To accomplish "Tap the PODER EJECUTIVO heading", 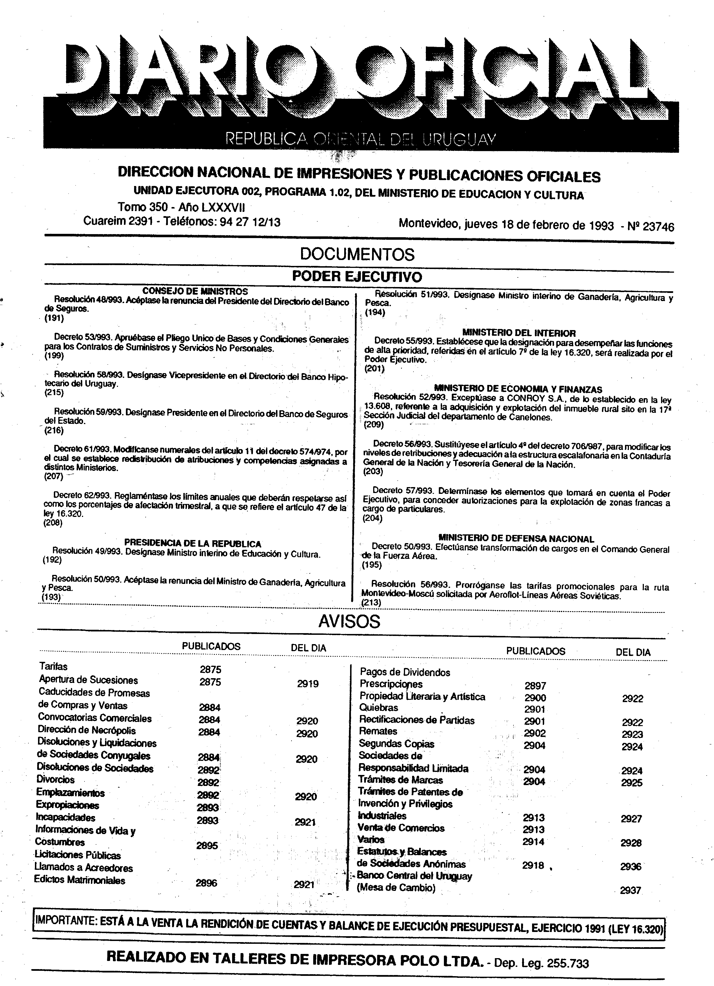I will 357,277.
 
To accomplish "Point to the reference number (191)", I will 54,318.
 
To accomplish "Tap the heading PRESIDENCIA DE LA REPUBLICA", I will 193,543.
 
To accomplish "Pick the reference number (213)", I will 372,603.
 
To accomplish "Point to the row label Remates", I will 378,731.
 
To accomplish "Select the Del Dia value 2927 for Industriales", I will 631,819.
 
